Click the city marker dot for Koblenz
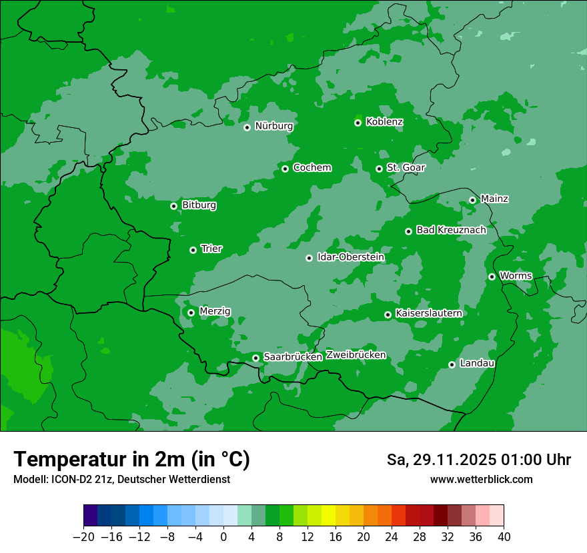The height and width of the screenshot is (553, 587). click(358, 123)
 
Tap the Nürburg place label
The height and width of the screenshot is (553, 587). click(273, 126)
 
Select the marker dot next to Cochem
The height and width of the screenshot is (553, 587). click(285, 169)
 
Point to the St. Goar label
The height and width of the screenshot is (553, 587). click(406, 167)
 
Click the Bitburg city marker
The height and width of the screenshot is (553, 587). click(174, 206)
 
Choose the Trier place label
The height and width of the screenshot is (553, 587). click(211, 249)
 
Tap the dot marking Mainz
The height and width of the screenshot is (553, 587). click(473, 200)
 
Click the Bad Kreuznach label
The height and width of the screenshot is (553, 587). click(451, 230)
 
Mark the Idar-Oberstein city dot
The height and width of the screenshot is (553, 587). click(310, 258)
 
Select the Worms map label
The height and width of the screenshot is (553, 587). click(516, 275)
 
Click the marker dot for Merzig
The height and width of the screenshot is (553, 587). click(191, 312)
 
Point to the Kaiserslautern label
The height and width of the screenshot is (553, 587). click(428, 313)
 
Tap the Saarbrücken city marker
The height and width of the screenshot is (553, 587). click(256, 358)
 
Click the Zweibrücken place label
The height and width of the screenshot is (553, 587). click(356, 355)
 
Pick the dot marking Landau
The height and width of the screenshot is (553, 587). click(452, 364)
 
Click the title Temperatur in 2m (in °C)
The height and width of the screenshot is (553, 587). click(132, 460)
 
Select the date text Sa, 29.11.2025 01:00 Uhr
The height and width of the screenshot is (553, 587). click(479, 460)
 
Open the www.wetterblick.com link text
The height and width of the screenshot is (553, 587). click(482, 479)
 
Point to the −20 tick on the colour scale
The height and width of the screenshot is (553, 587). click(83, 537)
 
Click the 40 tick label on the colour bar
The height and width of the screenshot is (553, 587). click(504, 537)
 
